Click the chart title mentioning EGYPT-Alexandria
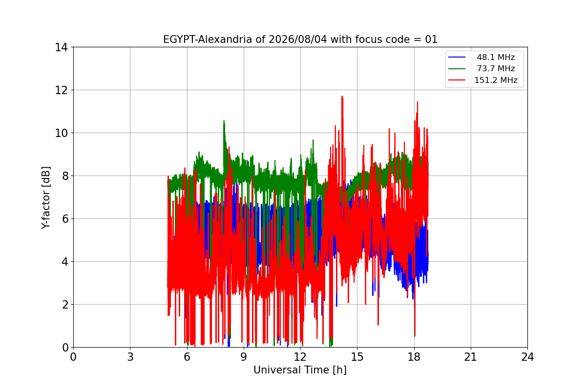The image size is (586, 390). point(300,39)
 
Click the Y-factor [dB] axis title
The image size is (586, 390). point(46,198)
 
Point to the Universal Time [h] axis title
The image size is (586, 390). point(300,370)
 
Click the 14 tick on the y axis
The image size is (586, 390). point(61,47)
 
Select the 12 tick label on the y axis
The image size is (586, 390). point(61,90)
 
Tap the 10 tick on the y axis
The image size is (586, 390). point(61,133)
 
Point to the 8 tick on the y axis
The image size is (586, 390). point(65,176)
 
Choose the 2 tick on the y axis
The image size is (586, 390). point(65,305)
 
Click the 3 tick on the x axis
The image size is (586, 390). point(130,357)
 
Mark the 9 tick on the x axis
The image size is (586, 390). point(244,357)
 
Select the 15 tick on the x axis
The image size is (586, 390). point(357,357)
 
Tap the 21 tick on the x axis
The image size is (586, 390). point(471,357)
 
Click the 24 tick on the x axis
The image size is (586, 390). point(527,357)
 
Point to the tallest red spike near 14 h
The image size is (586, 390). point(342,97)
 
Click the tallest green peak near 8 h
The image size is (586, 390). point(224,121)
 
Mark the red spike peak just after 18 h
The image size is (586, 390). point(417,102)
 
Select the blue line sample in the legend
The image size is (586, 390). point(457,57)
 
